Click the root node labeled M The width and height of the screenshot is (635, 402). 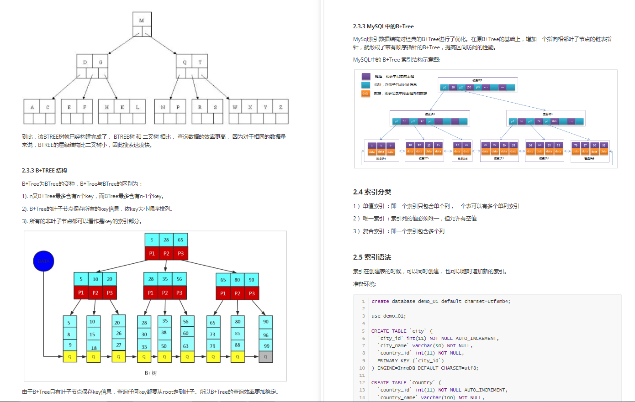pyautogui.click(x=142, y=20)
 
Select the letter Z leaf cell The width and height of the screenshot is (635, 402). pyautogui.click(x=280, y=107)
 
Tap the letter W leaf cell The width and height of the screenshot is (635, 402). pyautogui.click(x=235, y=107)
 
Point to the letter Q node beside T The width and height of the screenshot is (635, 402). pyautogui.click(x=185, y=63)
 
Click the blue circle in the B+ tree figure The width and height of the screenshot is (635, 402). pyautogui.click(x=44, y=261)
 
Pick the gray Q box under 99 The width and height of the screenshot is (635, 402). pyautogui.click(x=265, y=357)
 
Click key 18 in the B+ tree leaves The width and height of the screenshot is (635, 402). pyautogui.click(x=94, y=348)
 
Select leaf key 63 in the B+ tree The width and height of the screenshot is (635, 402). pyautogui.click(x=186, y=346)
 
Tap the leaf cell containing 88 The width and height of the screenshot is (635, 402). pyautogui.click(x=238, y=345)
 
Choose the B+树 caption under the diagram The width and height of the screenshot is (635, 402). pyautogui.click(x=151, y=373)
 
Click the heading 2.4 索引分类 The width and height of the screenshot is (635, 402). pyautogui.click(x=372, y=192)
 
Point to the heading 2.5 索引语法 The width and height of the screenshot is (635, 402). pyautogui.click(x=372, y=257)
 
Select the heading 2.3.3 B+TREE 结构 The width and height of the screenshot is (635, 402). pyautogui.click(x=44, y=171)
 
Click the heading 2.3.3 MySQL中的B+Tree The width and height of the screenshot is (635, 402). pyautogui.click(x=383, y=26)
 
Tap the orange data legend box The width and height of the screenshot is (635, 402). pyautogui.click(x=365, y=93)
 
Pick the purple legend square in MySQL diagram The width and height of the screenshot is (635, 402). pyautogui.click(x=366, y=76)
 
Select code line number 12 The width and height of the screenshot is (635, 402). pyautogui.click(x=362, y=382)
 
